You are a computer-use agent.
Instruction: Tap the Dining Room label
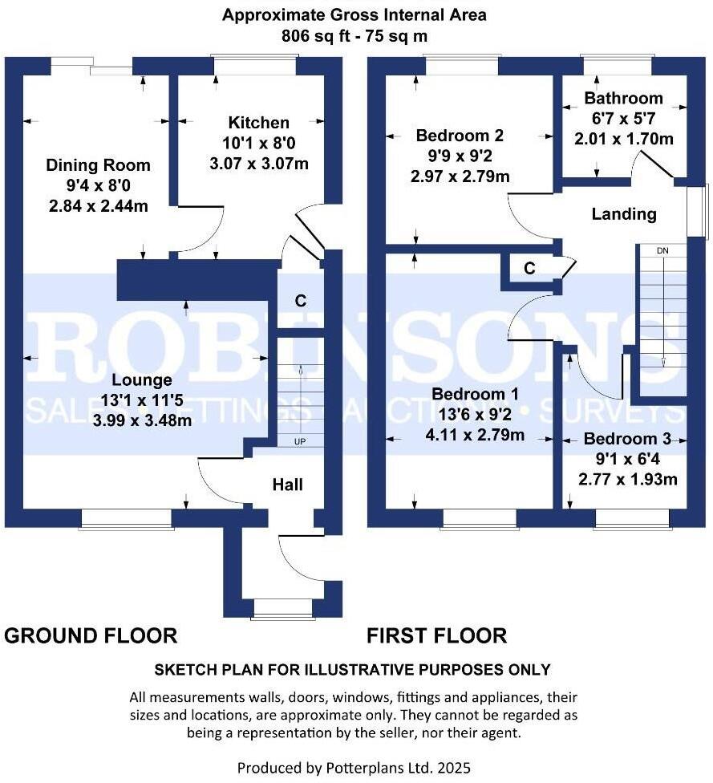[x=98, y=165]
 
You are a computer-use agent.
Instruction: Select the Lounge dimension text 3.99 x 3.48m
[x=142, y=420]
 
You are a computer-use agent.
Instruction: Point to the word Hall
[x=287, y=485]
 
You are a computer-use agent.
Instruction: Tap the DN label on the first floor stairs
[x=662, y=251]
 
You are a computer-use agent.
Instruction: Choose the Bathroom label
[x=623, y=99]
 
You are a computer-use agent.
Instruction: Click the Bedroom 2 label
[x=459, y=135]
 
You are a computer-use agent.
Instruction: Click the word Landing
[x=623, y=214]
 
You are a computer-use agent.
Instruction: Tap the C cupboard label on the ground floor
[x=300, y=301]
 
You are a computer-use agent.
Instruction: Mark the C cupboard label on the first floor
[x=529, y=269]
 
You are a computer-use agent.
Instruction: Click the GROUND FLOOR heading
[x=91, y=636]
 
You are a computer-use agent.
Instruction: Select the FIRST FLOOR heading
[x=436, y=636]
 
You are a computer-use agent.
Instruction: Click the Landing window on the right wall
[x=703, y=211]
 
